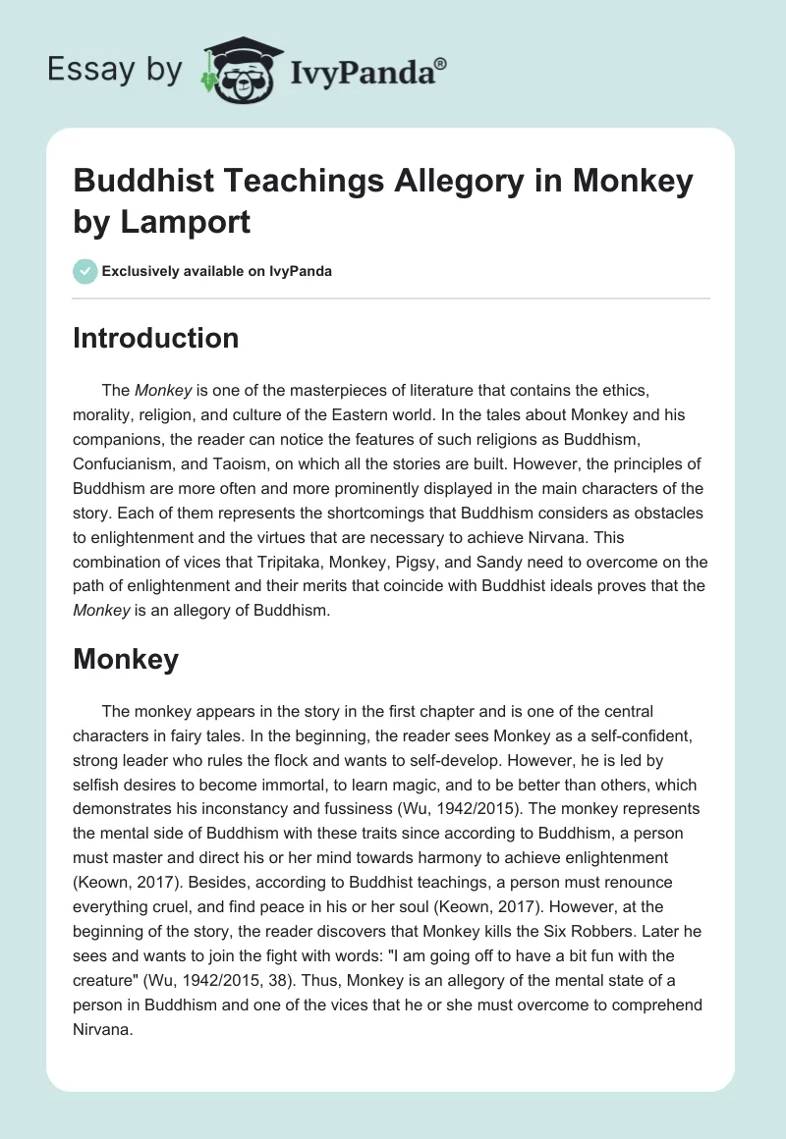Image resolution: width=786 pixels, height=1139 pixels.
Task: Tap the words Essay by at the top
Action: (115, 70)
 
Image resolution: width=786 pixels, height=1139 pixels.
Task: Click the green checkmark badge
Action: (84, 271)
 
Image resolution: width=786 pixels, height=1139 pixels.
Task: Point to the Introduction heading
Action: (156, 338)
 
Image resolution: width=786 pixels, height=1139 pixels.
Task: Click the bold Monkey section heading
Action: (126, 659)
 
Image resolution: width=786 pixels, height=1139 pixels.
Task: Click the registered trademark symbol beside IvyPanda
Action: (441, 63)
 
